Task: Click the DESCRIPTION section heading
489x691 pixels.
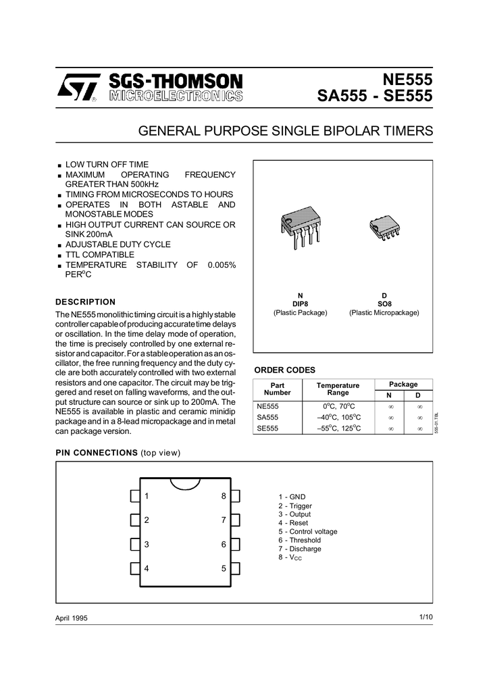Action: pyautogui.click(x=85, y=302)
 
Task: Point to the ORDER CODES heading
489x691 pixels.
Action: pyautogui.click(x=284, y=370)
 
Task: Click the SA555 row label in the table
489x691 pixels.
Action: pyautogui.click(x=267, y=417)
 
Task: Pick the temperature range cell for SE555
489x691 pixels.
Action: pyautogui.click(x=338, y=429)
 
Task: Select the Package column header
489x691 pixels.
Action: pyautogui.click(x=403, y=384)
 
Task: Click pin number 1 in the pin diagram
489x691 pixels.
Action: pyautogui.click(x=147, y=496)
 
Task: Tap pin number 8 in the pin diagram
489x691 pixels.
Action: pyautogui.click(x=223, y=496)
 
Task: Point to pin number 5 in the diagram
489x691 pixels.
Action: pyautogui.click(x=223, y=568)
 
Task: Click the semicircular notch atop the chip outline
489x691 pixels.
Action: pyautogui.click(x=184, y=483)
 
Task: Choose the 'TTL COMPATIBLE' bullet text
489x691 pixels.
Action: pyautogui.click(x=99, y=254)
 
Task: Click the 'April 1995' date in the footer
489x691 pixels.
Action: pyautogui.click(x=71, y=619)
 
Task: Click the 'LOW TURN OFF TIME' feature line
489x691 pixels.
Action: pyautogui.click(x=107, y=164)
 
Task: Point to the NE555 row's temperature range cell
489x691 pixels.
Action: pyautogui.click(x=338, y=406)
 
